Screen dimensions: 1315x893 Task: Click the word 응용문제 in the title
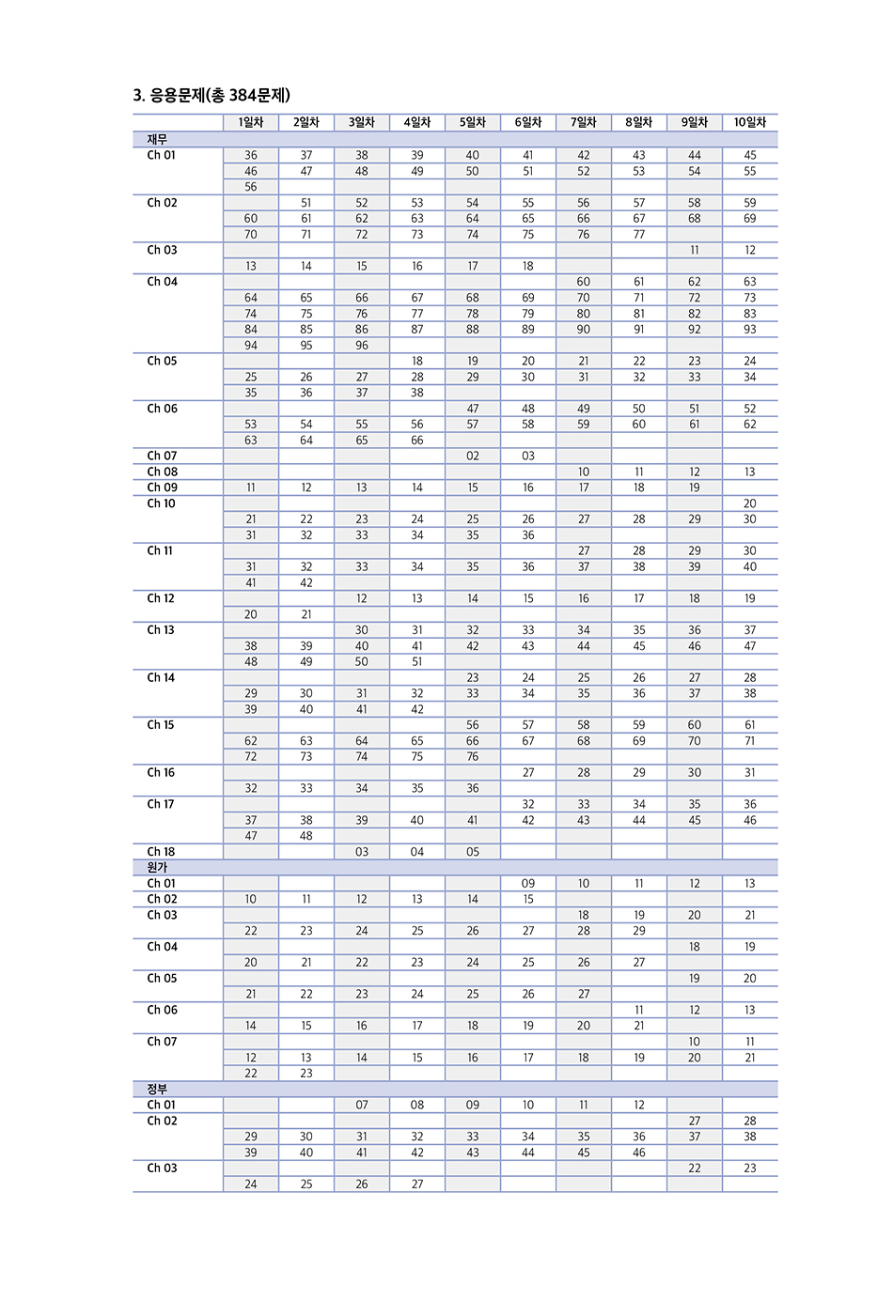(177, 95)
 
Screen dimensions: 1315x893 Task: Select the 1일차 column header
(251, 122)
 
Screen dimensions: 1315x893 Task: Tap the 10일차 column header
(750, 122)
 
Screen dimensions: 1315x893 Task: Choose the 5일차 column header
(473, 122)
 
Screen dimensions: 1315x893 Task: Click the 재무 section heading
(157, 139)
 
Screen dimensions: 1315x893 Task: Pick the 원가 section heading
(157, 867)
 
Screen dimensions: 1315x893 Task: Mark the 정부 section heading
(157, 1089)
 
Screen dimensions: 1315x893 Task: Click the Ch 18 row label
(161, 852)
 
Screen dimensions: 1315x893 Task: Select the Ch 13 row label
(161, 630)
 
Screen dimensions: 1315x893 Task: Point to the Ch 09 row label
(162, 487)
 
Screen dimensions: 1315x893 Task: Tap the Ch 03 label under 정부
(162, 1168)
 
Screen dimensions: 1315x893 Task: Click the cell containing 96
(362, 345)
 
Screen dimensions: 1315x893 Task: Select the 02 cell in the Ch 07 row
(473, 456)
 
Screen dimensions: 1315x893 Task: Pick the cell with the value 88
(473, 330)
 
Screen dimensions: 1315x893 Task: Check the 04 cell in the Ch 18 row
(417, 852)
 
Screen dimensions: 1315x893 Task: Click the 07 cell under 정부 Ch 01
(362, 1105)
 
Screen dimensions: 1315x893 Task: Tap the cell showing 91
(639, 330)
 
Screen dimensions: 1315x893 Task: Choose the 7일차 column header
(584, 122)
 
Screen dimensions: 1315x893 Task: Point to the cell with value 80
(584, 314)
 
